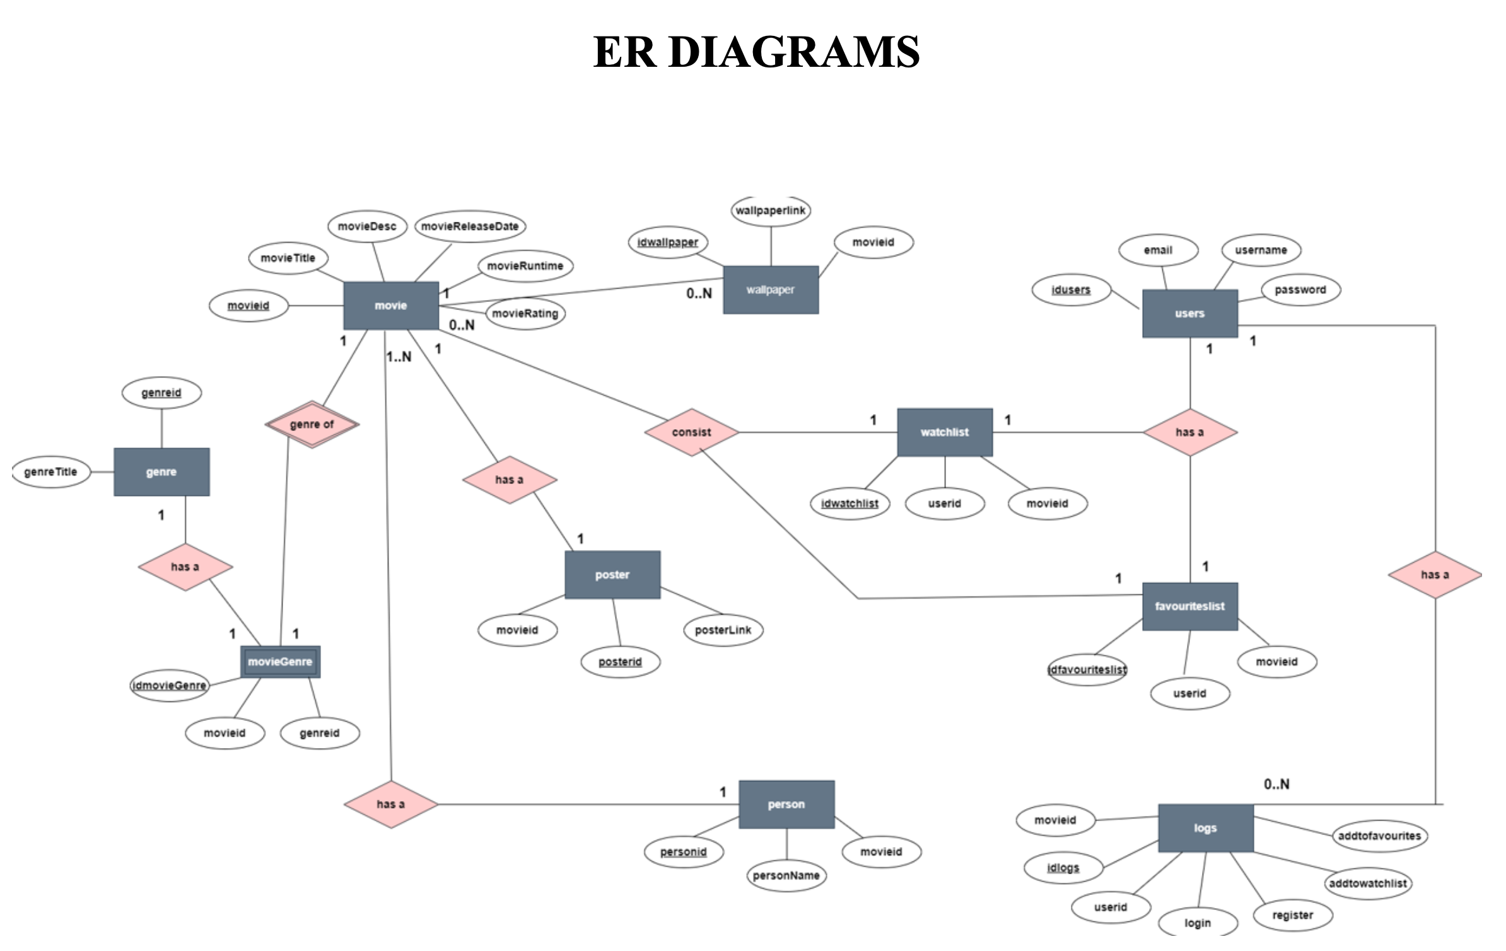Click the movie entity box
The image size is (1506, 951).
pyautogui.click(x=391, y=306)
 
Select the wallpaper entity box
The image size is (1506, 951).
pyautogui.click(x=771, y=290)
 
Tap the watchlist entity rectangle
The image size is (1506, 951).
pyautogui.click(x=945, y=432)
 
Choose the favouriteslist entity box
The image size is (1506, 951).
pyautogui.click(x=1190, y=606)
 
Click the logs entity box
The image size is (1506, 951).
pyautogui.click(x=1206, y=828)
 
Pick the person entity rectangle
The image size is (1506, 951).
pyautogui.click(x=786, y=804)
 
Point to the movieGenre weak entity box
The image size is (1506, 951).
pyautogui.click(x=281, y=662)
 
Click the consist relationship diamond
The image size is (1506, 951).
pyautogui.click(x=692, y=432)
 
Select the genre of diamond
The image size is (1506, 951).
pyautogui.click(x=312, y=424)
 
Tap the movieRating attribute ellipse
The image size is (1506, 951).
pyautogui.click(x=525, y=313)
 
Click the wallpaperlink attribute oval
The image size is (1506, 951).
pyautogui.click(x=771, y=210)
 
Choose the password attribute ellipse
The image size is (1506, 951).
pyautogui.click(x=1300, y=290)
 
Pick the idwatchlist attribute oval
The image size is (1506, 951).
pyautogui.click(x=849, y=504)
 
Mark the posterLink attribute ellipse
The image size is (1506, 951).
pyautogui.click(x=723, y=630)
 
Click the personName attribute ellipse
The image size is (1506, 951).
pyautogui.click(x=786, y=875)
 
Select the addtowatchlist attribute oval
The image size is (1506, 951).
pyautogui.click(x=1368, y=884)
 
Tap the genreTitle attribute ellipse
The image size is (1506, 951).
pyautogui.click(x=50, y=472)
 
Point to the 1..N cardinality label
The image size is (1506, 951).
pyautogui.click(x=399, y=357)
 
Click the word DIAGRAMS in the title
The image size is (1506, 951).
pyautogui.click(x=795, y=52)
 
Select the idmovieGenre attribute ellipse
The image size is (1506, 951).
pyautogui.click(x=170, y=686)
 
